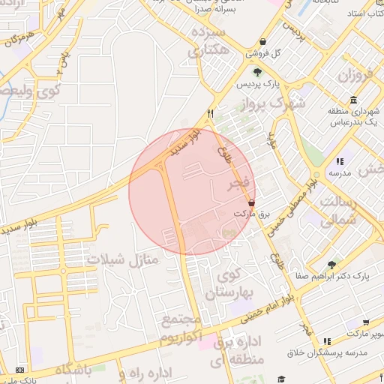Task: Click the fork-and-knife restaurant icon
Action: tap(211, 113)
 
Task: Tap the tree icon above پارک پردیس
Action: tap(257, 73)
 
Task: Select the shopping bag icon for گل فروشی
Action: tap(262, 43)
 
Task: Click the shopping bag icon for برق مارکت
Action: tap(250, 202)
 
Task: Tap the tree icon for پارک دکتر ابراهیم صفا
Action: tap(331, 265)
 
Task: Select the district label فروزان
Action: tap(355, 76)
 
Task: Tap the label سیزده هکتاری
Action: tap(208, 43)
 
